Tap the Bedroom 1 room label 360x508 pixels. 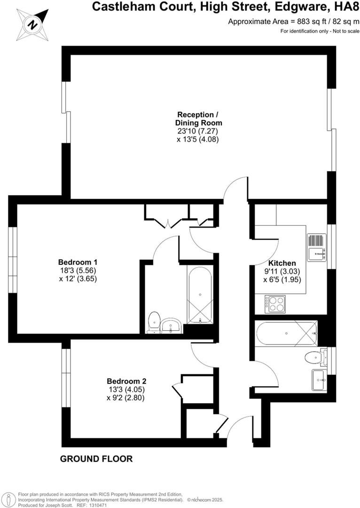tap(78, 262)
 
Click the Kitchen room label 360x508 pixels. tap(282, 263)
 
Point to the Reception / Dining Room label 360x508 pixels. tap(197, 119)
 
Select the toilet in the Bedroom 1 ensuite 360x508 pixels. tap(154, 323)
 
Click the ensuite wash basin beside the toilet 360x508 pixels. tap(172, 325)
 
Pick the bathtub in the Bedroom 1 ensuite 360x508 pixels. tap(200, 294)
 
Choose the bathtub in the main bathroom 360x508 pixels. tap(286, 333)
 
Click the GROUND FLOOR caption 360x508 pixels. tap(96, 459)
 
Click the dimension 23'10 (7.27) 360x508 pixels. tap(197, 131)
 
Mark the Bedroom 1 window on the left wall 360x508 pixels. tap(13, 261)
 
